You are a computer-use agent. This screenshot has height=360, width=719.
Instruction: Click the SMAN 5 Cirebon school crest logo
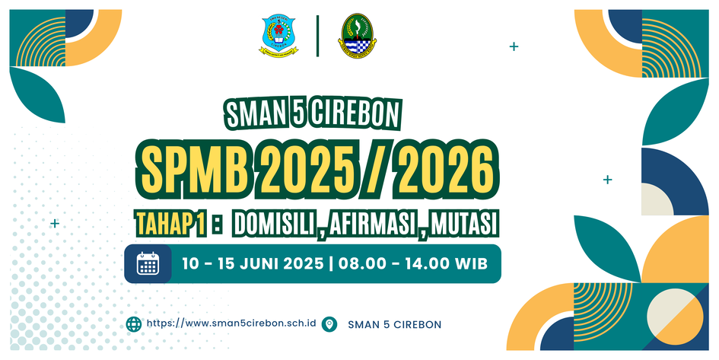click(x=278, y=36)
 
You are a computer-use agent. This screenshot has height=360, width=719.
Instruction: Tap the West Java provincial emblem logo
click(x=357, y=36)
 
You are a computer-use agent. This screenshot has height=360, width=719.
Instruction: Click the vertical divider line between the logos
click(x=317, y=36)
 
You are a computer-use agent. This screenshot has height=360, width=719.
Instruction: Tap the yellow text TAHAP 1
click(x=170, y=225)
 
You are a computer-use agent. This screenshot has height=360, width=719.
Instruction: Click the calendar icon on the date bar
click(x=148, y=263)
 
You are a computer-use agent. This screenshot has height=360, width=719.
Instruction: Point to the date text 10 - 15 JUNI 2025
click(x=253, y=264)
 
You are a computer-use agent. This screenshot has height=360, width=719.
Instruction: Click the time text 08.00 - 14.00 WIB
click(x=412, y=264)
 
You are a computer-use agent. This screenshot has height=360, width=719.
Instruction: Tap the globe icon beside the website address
click(x=134, y=323)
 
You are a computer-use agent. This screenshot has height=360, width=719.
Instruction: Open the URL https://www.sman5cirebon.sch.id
click(x=231, y=323)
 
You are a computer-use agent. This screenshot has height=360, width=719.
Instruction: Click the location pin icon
click(x=329, y=323)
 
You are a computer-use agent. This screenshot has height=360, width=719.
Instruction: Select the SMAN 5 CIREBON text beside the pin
click(x=394, y=325)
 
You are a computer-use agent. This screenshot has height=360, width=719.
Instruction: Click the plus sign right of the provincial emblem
click(x=514, y=46)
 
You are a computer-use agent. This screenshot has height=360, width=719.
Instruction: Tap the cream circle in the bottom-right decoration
click(x=675, y=317)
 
